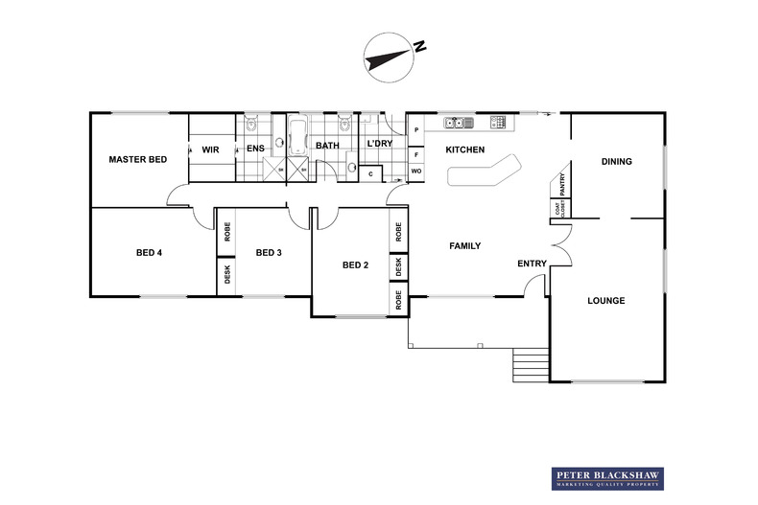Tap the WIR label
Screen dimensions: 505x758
tap(211, 149)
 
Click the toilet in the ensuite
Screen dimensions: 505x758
tap(251, 124)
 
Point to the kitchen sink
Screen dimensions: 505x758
tap(455, 123)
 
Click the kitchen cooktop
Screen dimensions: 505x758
tap(498, 122)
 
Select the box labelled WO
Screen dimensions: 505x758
tap(416, 172)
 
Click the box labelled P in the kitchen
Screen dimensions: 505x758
tap(416, 130)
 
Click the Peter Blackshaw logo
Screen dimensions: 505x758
tap(607, 478)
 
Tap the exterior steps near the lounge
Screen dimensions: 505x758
tap(529, 365)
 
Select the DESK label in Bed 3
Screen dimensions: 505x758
tap(227, 275)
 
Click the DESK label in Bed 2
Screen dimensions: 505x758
tap(397, 266)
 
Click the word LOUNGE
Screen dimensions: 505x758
tap(606, 301)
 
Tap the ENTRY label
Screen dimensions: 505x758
tap(532, 264)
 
